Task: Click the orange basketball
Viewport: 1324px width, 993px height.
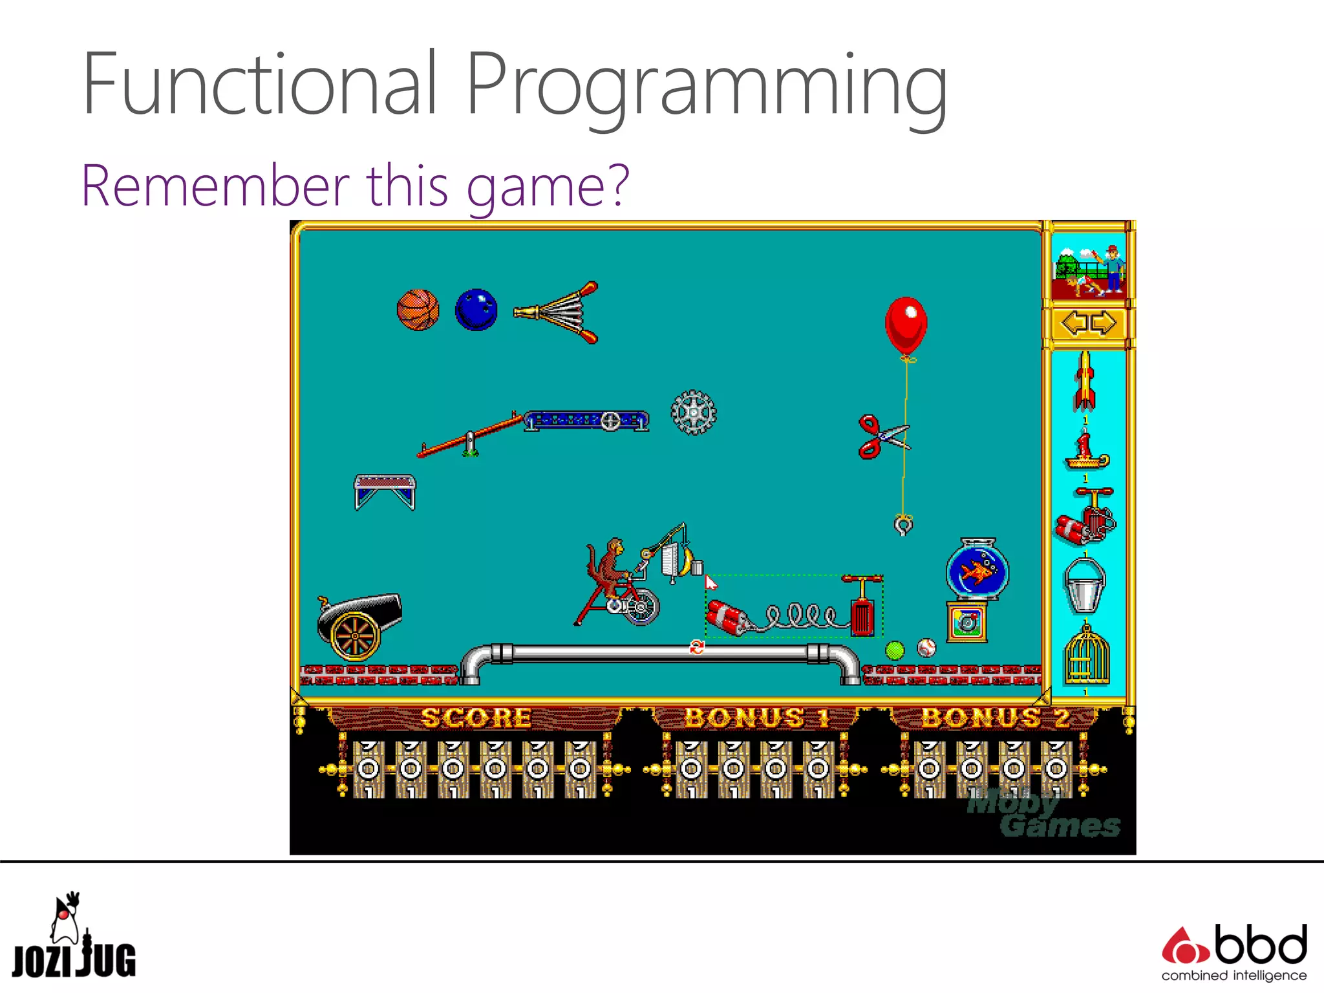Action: click(418, 310)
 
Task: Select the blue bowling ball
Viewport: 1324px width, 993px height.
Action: click(476, 310)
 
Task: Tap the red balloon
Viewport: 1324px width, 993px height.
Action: click(906, 325)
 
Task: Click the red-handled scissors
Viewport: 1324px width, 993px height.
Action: click(880, 437)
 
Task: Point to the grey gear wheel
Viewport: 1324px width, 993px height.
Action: click(693, 412)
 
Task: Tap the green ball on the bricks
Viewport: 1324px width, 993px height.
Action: click(895, 650)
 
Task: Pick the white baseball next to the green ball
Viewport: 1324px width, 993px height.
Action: click(926, 648)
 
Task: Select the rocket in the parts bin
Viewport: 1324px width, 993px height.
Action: click(1085, 381)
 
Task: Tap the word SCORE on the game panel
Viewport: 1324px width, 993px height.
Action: click(476, 718)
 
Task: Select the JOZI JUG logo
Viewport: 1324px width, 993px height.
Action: click(73, 937)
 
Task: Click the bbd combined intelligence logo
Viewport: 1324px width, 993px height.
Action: click(1234, 952)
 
